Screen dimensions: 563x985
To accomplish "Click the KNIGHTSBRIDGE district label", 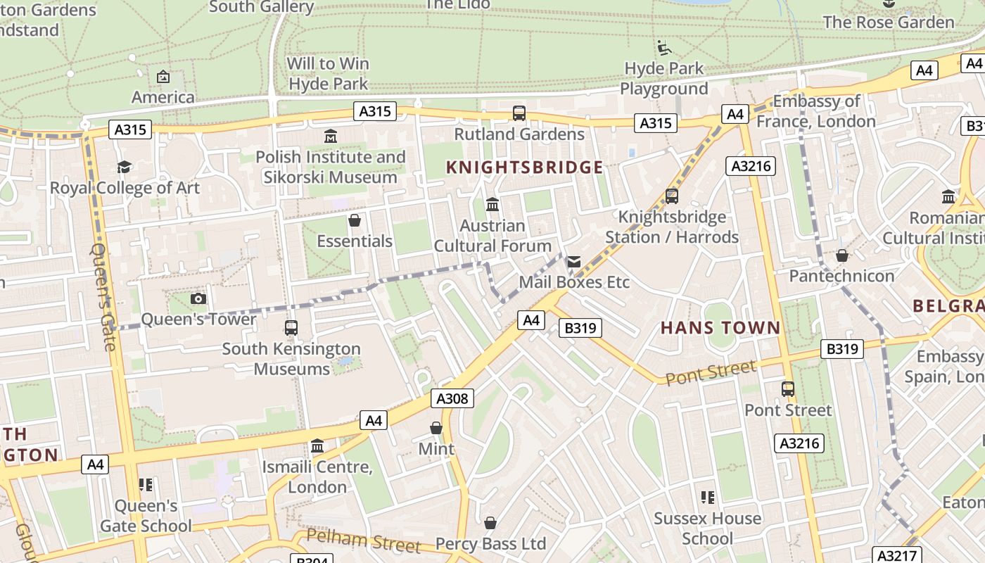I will pos(525,167).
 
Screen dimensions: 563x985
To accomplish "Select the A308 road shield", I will pos(452,398).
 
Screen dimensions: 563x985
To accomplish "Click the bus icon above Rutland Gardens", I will pos(519,113).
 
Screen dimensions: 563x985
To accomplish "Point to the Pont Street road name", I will pos(711,372).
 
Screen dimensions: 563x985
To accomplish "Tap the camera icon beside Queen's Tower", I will pos(198,298).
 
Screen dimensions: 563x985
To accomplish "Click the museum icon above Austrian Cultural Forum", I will pos(493,205).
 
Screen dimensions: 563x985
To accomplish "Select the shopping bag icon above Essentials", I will pos(355,220).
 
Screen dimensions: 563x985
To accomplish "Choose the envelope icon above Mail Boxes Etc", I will pos(573,262).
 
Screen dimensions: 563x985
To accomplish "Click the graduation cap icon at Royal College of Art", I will pos(125,167).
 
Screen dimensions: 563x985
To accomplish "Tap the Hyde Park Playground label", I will pos(663,78).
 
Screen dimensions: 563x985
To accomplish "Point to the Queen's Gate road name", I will pos(103,297).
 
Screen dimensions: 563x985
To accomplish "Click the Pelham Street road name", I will pos(364,540).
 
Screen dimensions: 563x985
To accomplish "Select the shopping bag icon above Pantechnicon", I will pos(841,255).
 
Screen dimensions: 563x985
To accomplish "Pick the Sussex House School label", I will pos(707,528).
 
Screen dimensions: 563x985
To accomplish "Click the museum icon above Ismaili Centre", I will pos(317,446).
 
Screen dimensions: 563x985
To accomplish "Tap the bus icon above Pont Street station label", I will pos(788,388).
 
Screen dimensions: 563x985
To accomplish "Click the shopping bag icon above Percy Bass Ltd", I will pos(490,523).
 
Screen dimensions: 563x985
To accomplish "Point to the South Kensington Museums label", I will pos(291,358).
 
